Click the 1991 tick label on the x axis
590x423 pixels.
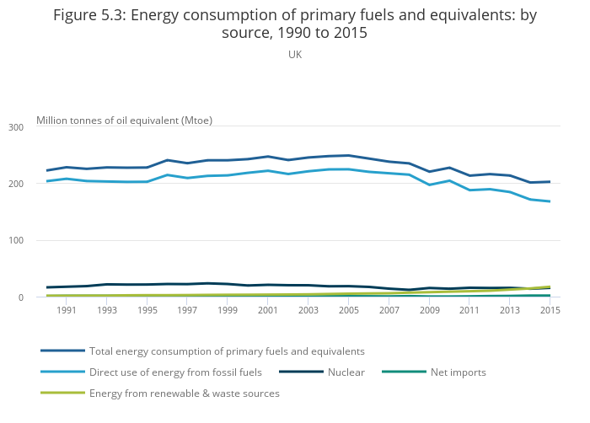click(67, 310)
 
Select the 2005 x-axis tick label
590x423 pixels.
click(349, 310)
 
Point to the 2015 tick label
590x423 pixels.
click(550, 310)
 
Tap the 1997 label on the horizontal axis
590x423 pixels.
click(188, 310)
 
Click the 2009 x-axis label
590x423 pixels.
click(429, 310)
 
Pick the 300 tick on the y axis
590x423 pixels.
click(15, 127)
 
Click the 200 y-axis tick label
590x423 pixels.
click(15, 184)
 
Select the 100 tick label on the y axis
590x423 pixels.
click(15, 241)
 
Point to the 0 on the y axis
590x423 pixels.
click(19, 297)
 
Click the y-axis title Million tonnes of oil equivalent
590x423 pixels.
click(124, 120)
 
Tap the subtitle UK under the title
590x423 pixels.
click(295, 54)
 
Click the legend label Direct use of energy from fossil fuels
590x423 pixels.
click(175, 372)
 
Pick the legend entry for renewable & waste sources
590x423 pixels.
click(184, 393)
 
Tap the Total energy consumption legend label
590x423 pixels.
click(227, 351)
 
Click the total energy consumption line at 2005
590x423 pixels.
click(349, 155)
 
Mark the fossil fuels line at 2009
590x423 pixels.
click(429, 185)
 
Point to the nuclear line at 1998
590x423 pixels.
click(207, 283)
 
